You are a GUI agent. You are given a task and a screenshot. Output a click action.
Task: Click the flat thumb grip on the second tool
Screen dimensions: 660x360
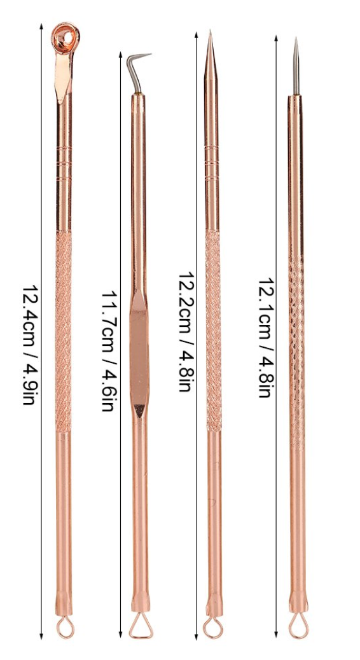click(x=139, y=353)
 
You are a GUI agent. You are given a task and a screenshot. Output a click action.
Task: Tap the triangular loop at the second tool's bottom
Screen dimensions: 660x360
click(x=139, y=628)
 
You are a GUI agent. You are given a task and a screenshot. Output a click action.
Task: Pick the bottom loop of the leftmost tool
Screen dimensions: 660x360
click(x=64, y=628)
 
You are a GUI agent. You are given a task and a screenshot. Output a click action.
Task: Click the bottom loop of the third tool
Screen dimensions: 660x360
click(x=213, y=628)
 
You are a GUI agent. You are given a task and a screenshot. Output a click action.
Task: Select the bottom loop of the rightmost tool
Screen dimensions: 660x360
click(x=296, y=628)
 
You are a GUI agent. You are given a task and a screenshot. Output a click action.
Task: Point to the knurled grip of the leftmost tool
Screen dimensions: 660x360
click(x=63, y=331)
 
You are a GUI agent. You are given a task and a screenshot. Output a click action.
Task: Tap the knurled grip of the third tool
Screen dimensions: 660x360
click(x=212, y=331)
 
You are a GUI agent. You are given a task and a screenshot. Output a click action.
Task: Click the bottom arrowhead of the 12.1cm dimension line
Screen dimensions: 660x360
click(x=276, y=635)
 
